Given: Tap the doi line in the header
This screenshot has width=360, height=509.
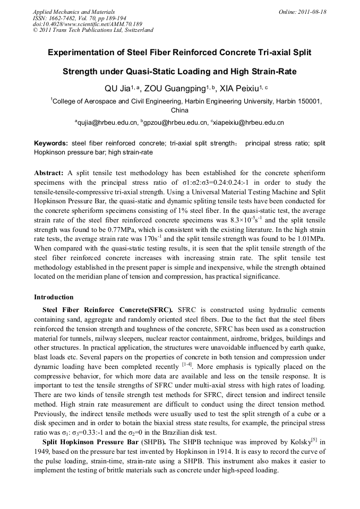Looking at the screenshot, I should pyautogui.click(x=87, y=24).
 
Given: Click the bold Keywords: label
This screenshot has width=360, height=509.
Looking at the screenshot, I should pyautogui.click(x=51, y=144).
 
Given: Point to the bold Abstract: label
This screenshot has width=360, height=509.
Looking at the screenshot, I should pyautogui.click(x=49, y=174).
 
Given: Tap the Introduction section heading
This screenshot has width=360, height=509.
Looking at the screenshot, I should pyautogui.click(x=54, y=297).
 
